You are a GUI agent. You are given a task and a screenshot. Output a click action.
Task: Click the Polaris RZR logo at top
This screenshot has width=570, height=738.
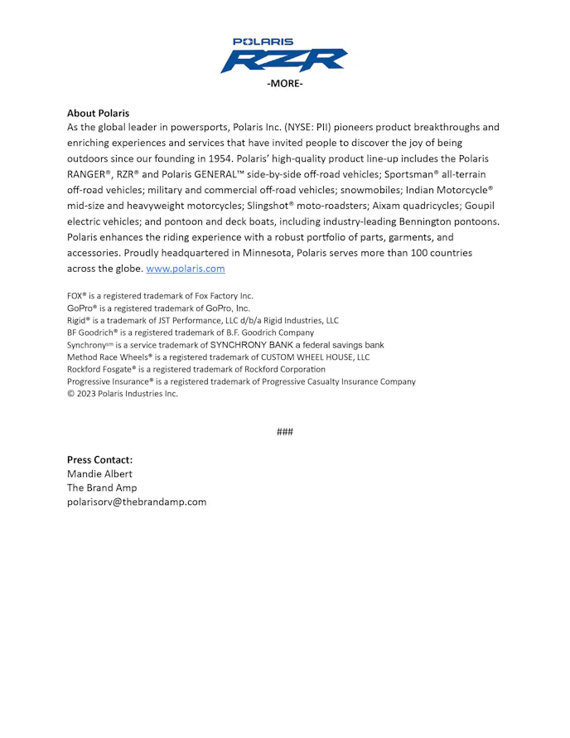click(x=284, y=56)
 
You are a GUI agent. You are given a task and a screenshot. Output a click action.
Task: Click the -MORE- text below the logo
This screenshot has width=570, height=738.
click(x=284, y=85)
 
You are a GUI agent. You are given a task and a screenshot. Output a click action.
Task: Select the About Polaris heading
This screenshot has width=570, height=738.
click(x=98, y=113)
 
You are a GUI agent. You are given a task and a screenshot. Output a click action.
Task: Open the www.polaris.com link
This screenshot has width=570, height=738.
click(x=185, y=269)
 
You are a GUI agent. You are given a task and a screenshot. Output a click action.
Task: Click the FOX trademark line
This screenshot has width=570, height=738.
click(x=160, y=296)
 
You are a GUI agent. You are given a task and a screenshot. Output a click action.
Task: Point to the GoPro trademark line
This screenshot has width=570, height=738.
click(x=158, y=308)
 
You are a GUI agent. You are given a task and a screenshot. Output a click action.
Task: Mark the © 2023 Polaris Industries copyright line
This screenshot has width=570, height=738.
click(x=123, y=394)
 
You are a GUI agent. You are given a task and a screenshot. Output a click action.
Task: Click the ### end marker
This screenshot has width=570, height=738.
click(x=284, y=432)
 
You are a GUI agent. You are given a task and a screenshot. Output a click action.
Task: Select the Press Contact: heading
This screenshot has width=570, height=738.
click(x=99, y=459)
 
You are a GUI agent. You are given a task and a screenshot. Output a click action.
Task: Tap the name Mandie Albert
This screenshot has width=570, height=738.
click(x=99, y=473)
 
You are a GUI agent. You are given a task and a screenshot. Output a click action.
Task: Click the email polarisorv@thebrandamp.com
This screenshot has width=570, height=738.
click(x=137, y=502)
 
